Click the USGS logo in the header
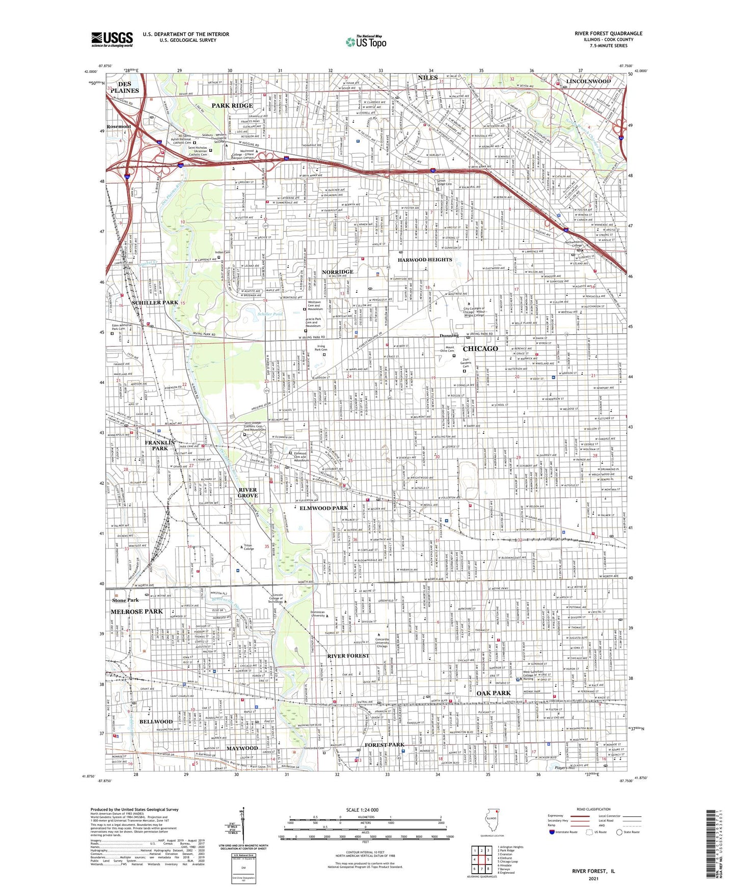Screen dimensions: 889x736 pos(112,39)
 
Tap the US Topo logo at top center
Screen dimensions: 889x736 pos(366,42)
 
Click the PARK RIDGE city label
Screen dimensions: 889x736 pos(232,105)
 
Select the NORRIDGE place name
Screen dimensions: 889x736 pos(337,272)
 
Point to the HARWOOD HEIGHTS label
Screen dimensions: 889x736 pos(425,260)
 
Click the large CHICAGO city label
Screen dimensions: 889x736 pos(480,349)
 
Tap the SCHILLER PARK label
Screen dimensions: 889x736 pos(155,302)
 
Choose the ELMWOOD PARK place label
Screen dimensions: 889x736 pos(323,508)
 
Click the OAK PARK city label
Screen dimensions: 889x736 pos(494,693)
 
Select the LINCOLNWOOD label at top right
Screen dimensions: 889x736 pos(588,81)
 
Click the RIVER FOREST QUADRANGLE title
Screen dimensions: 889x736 pos(608,34)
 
